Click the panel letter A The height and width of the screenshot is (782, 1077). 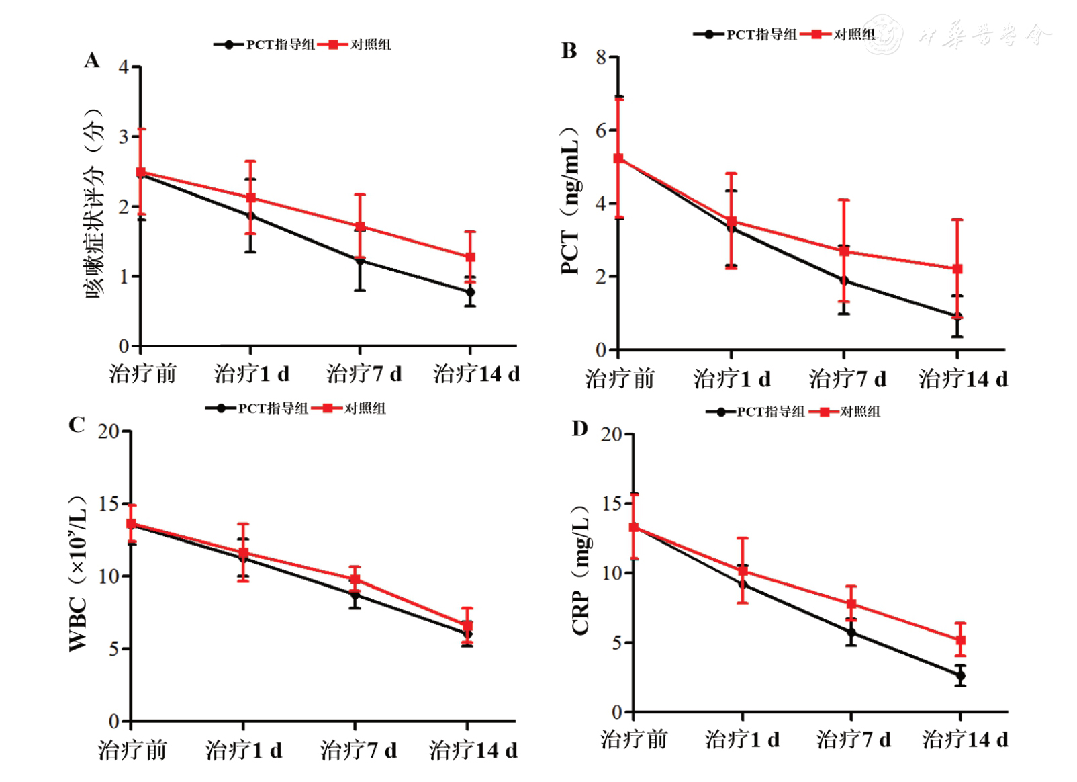(92, 61)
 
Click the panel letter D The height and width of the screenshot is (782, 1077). (579, 429)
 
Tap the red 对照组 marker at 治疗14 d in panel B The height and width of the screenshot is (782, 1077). (957, 269)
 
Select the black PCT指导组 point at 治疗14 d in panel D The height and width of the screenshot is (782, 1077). (960, 676)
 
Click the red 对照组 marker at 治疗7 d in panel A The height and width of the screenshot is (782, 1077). (360, 226)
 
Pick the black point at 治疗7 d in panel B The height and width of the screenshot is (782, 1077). (844, 280)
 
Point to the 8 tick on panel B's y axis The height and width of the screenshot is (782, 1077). (601, 58)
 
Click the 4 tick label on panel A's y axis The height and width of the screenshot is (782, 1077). (124, 67)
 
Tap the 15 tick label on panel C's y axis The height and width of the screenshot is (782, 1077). (109, 504)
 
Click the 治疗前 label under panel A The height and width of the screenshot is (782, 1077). (142, 374)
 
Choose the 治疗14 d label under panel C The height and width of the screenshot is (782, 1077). (473, 750)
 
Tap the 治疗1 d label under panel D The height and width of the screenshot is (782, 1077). (742, 740)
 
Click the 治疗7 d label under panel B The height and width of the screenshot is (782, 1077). (847, 379)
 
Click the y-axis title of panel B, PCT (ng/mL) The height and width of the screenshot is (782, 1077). (570, 202)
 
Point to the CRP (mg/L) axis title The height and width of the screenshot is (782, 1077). (580, 571)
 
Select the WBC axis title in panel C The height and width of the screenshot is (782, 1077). (78, 574)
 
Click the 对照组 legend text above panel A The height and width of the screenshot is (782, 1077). (371, 45)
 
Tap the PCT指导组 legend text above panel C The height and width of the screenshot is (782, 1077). (273, 408)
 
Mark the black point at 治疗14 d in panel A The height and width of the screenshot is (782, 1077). (470, 292)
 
